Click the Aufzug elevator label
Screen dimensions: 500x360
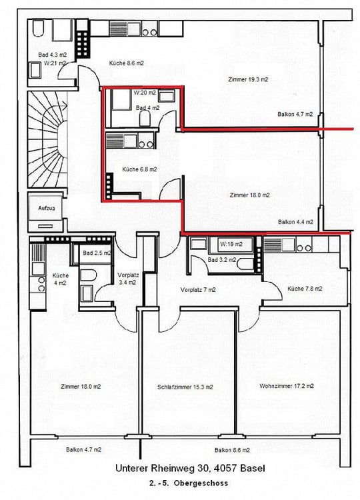coord(46,209)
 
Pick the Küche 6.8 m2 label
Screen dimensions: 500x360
coord(139,169)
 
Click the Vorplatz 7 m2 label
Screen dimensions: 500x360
coord(198,290)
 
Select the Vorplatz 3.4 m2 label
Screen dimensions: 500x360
coord(127,279)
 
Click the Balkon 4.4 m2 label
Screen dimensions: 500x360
coord(295,222)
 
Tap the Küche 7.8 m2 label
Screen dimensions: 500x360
coord(305,289)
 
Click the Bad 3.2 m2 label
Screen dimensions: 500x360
coord(222,259)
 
